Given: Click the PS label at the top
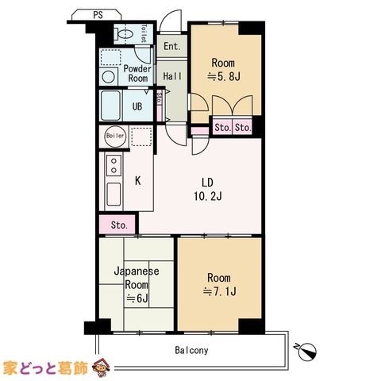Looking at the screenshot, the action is point(98,15).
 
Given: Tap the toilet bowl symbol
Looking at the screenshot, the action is point(125,34).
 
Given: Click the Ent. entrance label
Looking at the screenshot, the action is point(172,47).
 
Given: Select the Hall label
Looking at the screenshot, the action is point(172,76).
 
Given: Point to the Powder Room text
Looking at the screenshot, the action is point(137,74).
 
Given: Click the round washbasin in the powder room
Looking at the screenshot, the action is point(109,77).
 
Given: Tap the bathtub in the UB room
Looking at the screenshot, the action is point(111,106).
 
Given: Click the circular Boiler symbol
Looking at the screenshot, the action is point(115,136).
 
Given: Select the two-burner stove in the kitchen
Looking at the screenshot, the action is point(114,165).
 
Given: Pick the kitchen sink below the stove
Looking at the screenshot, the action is point(114,194).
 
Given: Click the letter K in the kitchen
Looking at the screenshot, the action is point(137,181).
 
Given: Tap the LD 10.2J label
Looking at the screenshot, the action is point(208,189).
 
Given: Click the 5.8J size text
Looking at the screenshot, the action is point(224,77).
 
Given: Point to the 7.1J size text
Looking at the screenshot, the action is point(219,291).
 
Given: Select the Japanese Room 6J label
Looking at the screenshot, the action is point(137,285).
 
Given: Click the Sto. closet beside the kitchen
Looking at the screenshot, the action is point(119,225).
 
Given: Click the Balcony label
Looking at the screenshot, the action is point(191,350).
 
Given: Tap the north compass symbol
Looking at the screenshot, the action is point(307,352).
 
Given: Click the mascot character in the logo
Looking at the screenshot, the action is point(100,367).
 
